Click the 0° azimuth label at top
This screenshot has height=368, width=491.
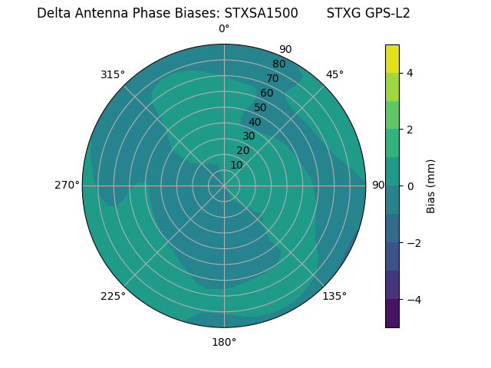[x=224, y=29]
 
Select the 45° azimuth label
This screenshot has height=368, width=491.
[x=334, y=74]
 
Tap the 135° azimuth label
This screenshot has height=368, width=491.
[x=334, y=296]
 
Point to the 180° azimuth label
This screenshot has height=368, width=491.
[x=224, y=342]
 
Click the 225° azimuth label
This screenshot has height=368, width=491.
[x=113, y=296]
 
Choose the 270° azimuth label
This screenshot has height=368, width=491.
[x=67, y=186]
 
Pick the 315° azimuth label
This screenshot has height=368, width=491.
[x=113, y=74]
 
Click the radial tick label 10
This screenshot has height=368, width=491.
[x=236, y=165]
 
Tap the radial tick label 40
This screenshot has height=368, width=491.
[x=255, y=122]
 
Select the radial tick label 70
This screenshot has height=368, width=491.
[x=272, y=78]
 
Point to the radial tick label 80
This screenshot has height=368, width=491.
[x=278, y=64]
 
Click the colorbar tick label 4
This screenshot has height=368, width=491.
[x=410, y=73]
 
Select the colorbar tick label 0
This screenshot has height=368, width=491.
[x=410, y=186]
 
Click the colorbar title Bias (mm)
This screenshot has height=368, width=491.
[x=431, y=186]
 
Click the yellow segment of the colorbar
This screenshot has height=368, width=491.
[x=392, y=59]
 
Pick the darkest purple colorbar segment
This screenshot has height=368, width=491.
[x=392, y=314]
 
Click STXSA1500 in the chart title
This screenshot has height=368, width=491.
[x=261, y=13]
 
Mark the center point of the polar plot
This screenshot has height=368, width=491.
[x=224, y=186]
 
